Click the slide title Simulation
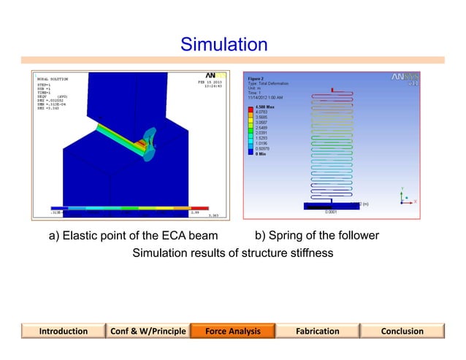224,45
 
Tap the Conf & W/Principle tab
148,331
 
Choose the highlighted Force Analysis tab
232,331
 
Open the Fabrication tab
317,331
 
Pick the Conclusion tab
402,331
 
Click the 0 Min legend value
262,153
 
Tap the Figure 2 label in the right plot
256,77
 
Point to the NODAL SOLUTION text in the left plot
50,78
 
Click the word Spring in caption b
287,236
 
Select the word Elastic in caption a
81,236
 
